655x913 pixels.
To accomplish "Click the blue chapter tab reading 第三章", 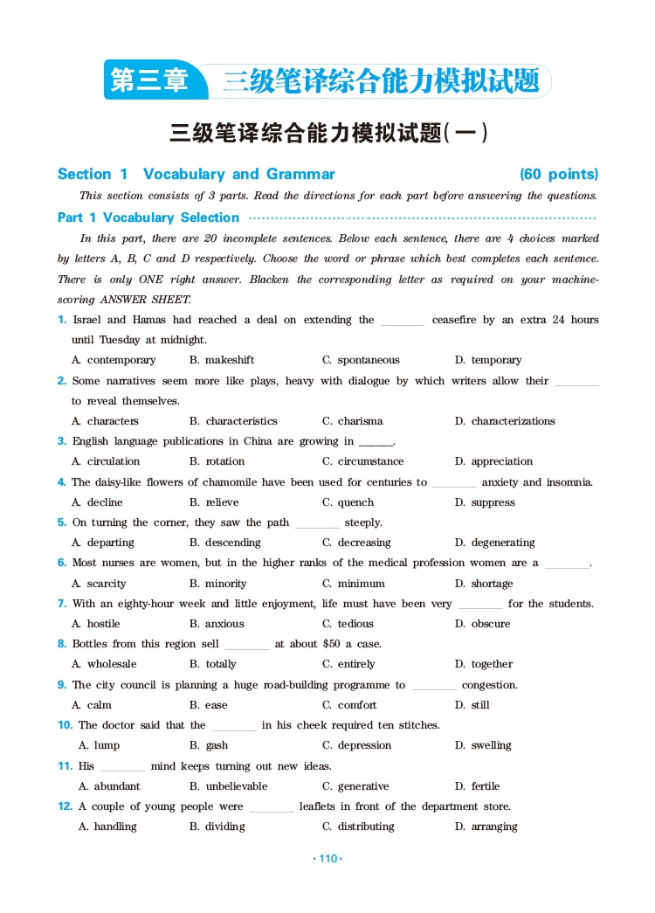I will coord(150,81).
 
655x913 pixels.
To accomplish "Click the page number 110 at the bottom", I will coord(327,859).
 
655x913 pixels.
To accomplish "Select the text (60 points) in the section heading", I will coord(559,174).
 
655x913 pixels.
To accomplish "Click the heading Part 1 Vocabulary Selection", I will coord(148,218).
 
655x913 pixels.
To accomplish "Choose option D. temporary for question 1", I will coord(488,360).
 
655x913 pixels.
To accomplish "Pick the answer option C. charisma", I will coord(352,421).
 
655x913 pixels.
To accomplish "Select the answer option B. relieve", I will coord(214,502).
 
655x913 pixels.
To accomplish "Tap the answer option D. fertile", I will coord(477,786).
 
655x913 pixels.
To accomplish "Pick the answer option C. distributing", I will coord(358,827).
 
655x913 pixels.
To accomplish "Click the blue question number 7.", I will coord(62,604).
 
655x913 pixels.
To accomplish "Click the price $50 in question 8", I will coord(332,644).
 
